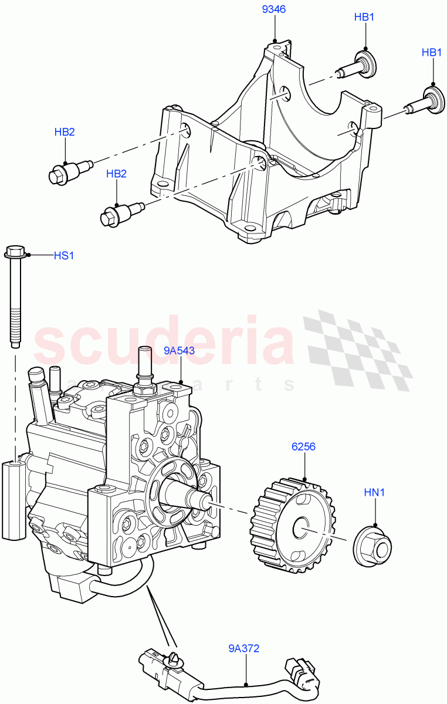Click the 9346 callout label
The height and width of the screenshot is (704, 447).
pyautogui.click(x=274, y=10)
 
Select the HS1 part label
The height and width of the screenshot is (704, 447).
pyautogui.click(x=64, y=256)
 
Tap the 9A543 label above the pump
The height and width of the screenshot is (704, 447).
pyautogui.click(x=179, y=351)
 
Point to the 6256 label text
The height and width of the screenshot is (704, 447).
pyautogui.click(x=304, y=446)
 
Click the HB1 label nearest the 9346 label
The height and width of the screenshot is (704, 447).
pyautogui.click(x=364, y=18)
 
